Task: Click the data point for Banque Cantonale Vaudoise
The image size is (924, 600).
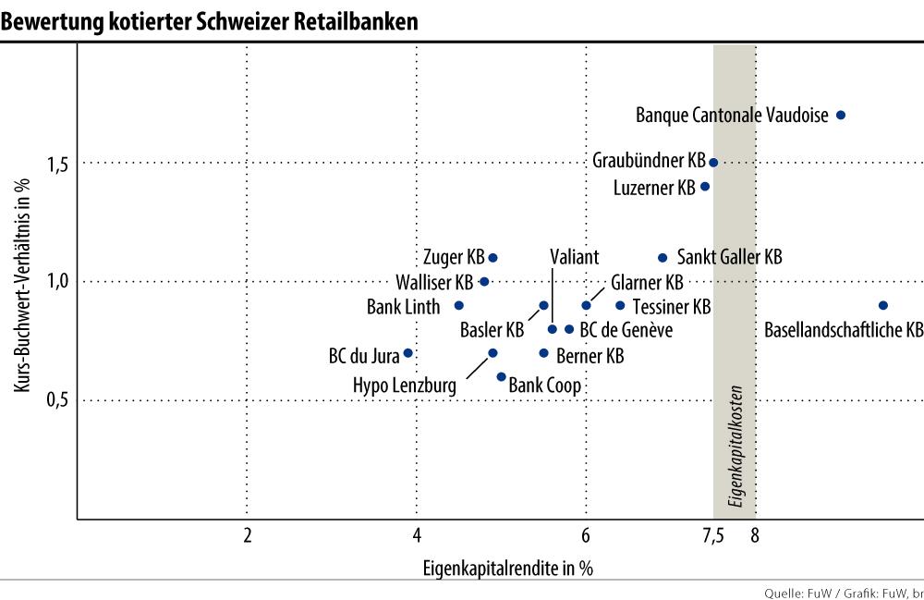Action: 840,116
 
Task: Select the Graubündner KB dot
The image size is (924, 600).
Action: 713,162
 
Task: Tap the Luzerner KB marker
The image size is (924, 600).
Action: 705,186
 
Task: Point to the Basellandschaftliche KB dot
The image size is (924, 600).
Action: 882,305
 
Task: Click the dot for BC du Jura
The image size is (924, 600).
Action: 407,353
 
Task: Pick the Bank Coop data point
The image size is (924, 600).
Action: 501,376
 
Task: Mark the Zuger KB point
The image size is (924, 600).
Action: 492,257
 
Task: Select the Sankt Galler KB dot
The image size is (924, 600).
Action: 663,257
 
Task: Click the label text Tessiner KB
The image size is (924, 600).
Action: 672,306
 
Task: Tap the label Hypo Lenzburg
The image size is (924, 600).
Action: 406,385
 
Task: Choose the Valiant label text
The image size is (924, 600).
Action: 574,257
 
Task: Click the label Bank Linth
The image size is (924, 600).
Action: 403,306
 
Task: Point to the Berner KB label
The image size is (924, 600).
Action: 590,355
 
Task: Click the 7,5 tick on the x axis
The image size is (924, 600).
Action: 712,535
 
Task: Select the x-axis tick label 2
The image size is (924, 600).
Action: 248,535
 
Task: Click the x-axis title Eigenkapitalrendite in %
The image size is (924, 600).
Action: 507,567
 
